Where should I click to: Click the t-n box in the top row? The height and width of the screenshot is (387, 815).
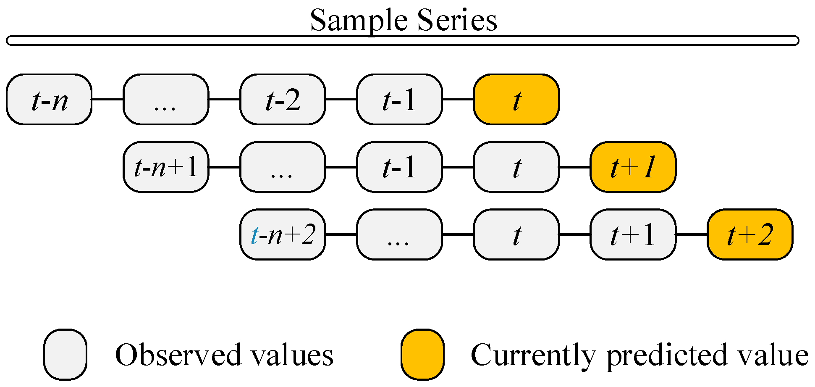click(49, 100)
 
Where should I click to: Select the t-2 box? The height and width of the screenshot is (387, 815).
click(283, 100)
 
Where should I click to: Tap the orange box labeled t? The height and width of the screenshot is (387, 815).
click(516, 100)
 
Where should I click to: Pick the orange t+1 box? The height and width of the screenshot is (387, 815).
click(633, 167)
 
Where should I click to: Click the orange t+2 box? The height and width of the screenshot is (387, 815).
click(750, 234)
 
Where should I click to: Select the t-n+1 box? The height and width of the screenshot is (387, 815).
click(166, 167)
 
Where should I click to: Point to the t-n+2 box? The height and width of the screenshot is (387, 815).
click(283, 234)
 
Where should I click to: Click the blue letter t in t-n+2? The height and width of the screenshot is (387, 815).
click(254, 235)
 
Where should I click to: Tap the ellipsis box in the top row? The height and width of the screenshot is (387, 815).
click(166, 100)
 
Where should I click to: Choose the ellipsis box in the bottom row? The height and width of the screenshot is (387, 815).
click(399, 234)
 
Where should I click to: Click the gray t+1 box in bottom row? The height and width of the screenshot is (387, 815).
click(633, 234)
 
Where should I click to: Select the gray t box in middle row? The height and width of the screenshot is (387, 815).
click(516, 167)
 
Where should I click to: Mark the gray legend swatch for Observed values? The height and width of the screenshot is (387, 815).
click(65, 354)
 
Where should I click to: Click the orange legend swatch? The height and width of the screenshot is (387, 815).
click(422, 354)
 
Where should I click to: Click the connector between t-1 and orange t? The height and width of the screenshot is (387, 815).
click(458, 100)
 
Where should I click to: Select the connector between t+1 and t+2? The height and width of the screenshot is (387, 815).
click(692, 234)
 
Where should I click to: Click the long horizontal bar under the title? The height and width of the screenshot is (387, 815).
click(402, 41)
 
